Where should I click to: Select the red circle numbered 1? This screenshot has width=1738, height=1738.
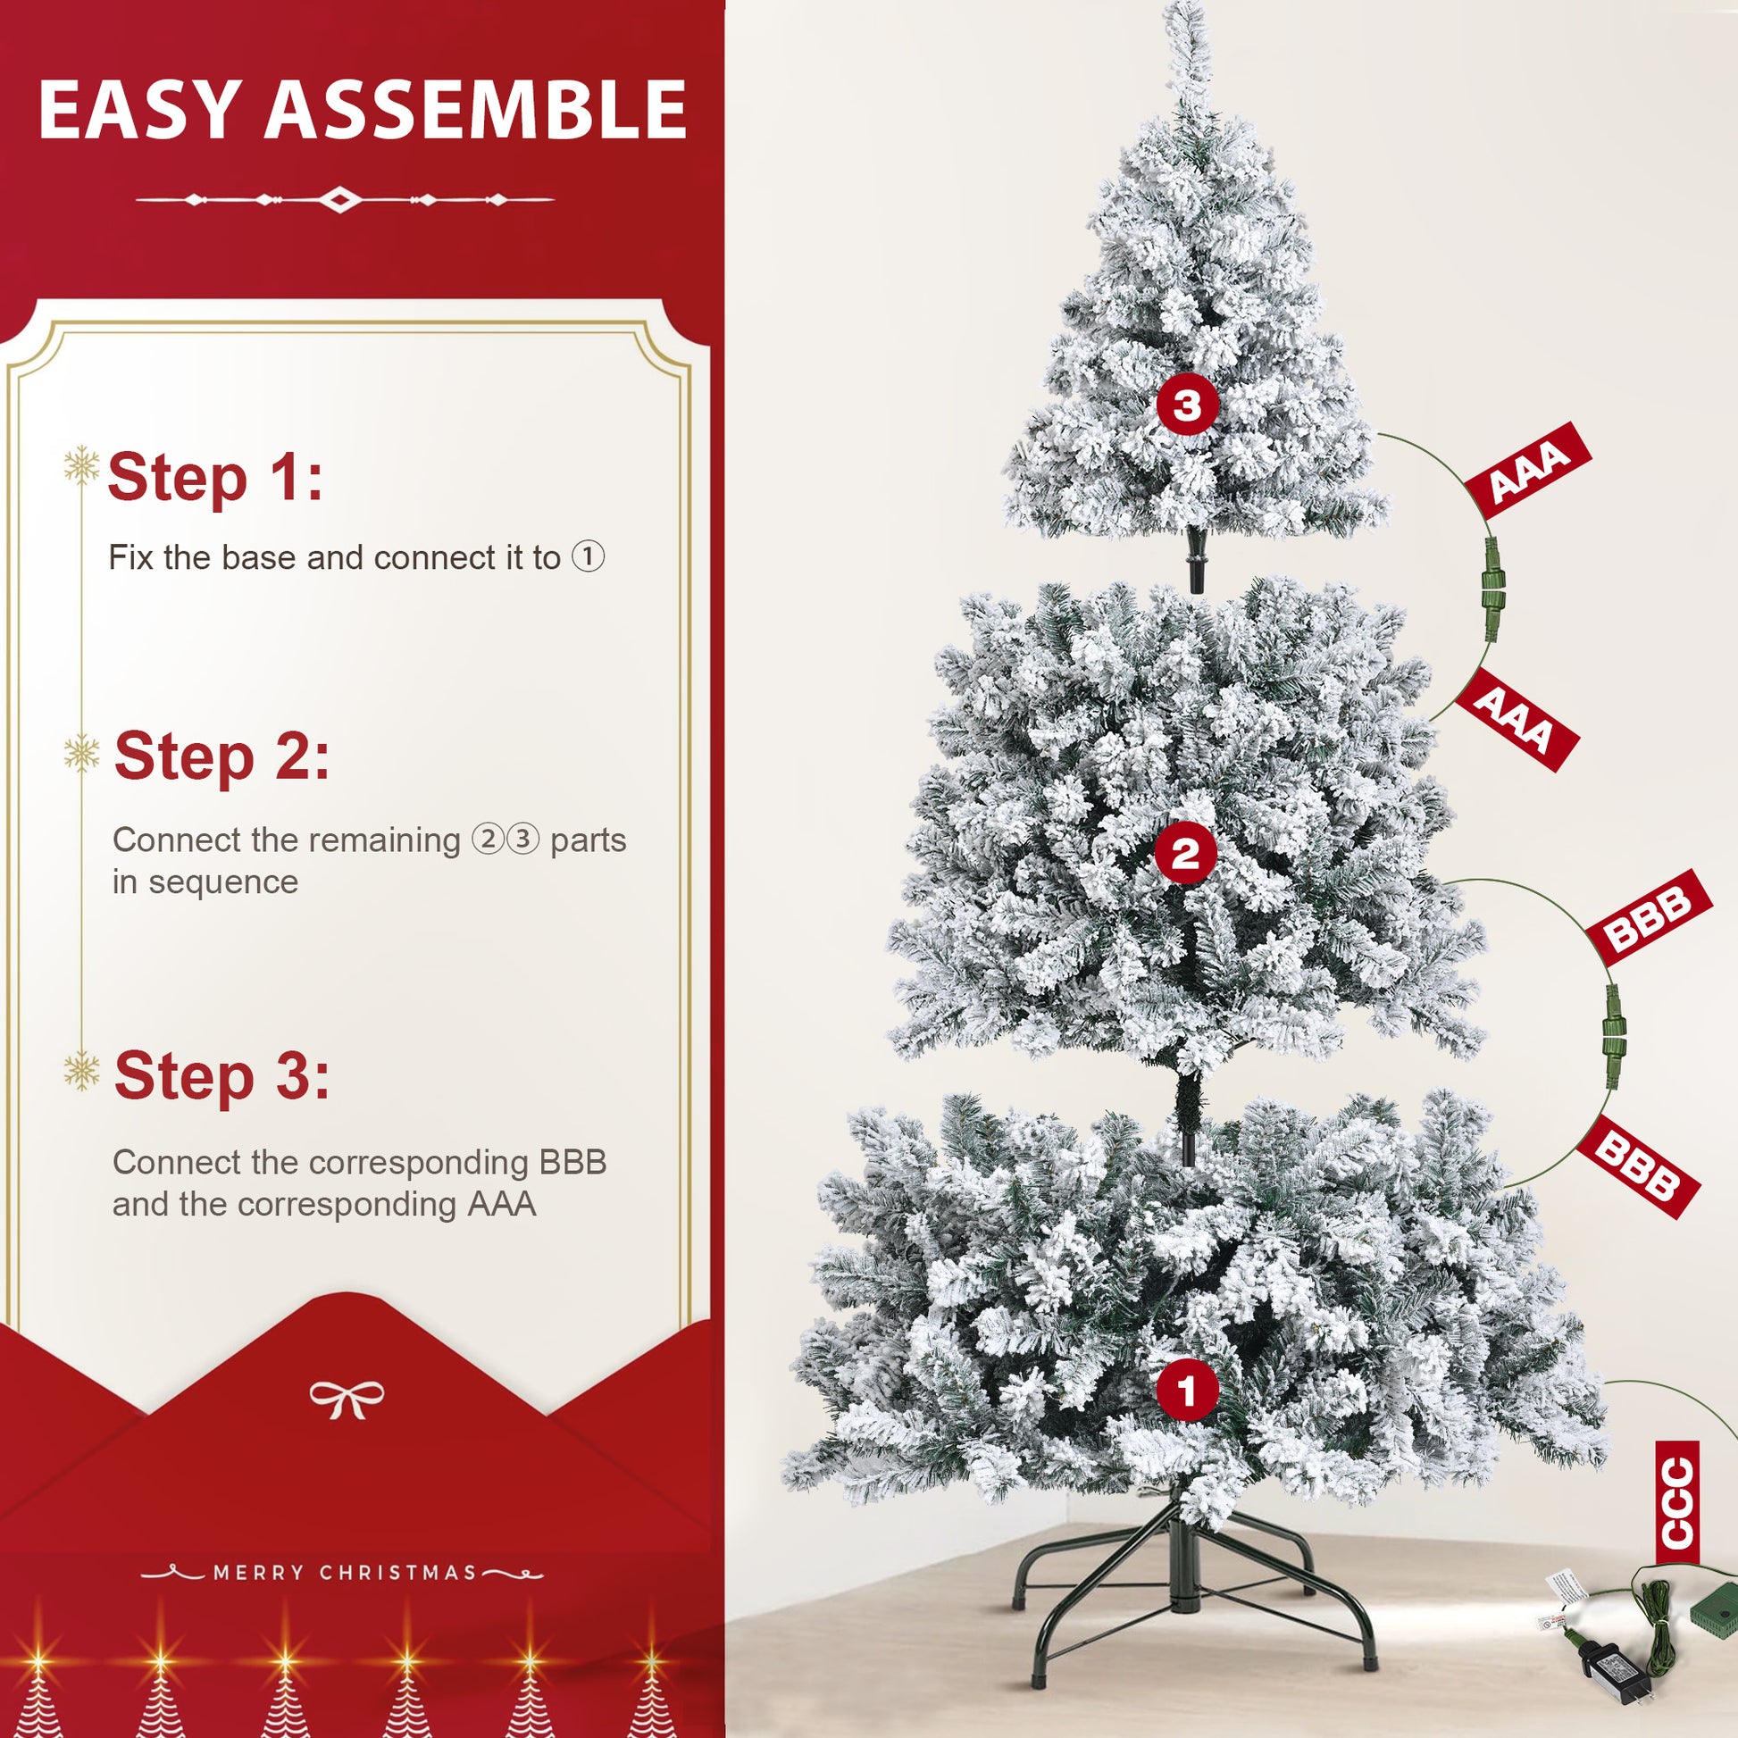pyautogui.click(x=1187, y=1389)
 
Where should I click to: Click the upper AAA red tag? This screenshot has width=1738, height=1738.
pyautogui.click(x=1528, y=470)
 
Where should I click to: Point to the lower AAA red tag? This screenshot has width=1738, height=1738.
pyautogui.click(x=1516, y=720)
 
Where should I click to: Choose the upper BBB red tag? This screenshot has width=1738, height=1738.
pyautogui.click(x=1648, y=916)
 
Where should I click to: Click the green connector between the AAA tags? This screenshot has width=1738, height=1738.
pyautogui.click(x=1491, y=589)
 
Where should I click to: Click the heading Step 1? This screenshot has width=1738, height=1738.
pyautogui.click(x=215, y=477)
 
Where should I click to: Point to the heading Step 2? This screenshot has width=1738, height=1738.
pyautogui.click(x=221, y=756)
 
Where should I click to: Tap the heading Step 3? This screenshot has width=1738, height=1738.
pyautogui.click(x=221, y=1076)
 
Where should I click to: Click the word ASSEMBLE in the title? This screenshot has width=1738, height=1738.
pyautogui.click(x=475, y=110)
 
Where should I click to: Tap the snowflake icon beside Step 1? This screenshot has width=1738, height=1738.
pyautogui.click(x=82, y=465)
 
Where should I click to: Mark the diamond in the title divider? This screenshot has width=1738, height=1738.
pyautogui.click(x=340, y=199)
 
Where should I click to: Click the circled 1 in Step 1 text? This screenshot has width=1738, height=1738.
pyautogui.click(x=589, y=556)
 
